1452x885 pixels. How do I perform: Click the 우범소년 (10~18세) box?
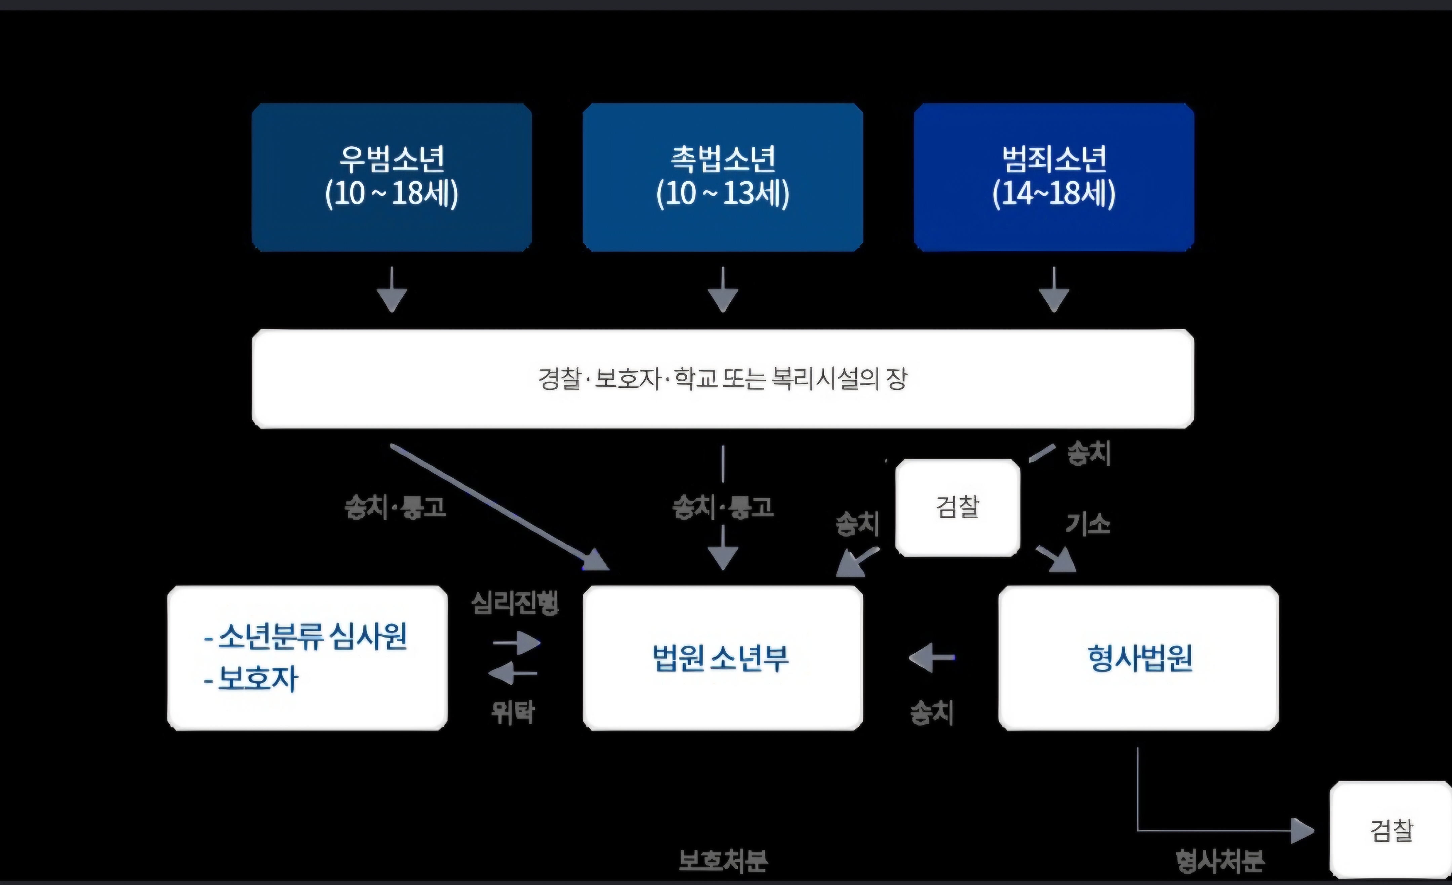pos(392,177)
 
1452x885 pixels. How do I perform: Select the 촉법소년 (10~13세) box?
pos(723,177)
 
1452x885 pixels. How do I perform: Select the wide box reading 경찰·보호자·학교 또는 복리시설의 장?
pos(723,379)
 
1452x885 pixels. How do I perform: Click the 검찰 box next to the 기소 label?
pos(958,508)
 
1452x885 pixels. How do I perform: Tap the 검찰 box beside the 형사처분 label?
pos(1391,830)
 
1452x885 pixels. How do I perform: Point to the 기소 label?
pos(1088,524)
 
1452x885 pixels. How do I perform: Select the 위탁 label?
pos(513,712)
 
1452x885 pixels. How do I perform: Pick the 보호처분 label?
pos(723,861)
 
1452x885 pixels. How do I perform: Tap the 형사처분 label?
pos(1220,861)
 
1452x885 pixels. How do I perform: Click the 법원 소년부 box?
pos(723,658)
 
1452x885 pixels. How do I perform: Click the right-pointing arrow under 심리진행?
pos(517,642)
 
